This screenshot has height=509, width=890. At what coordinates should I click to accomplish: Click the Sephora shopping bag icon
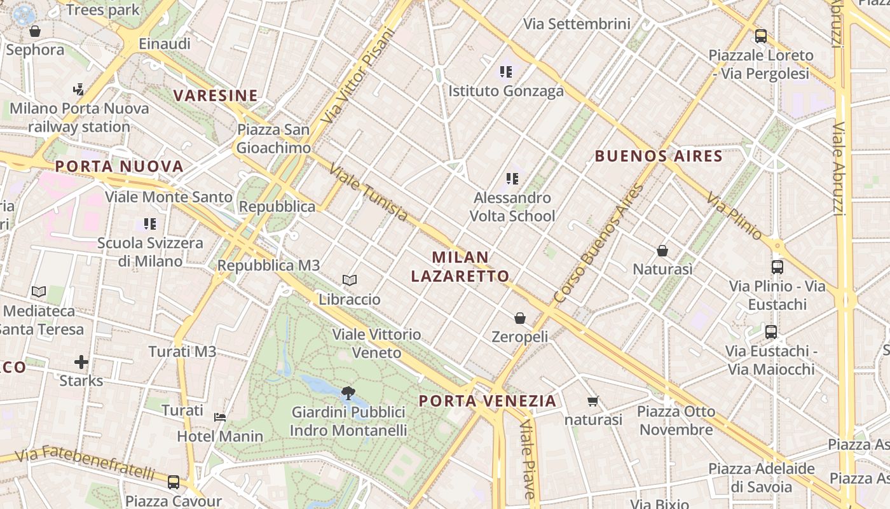35,31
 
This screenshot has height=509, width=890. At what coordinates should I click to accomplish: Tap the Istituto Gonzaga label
506,91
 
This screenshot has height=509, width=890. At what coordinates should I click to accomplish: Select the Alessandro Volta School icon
512,179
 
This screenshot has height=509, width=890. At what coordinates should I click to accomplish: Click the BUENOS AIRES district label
659,156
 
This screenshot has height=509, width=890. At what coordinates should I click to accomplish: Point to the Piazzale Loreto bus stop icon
761,36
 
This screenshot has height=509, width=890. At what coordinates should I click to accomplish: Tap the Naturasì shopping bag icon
662,251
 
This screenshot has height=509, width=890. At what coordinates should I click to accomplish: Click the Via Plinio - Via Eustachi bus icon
777,267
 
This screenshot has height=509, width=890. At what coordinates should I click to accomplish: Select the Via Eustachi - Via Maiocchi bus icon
771,332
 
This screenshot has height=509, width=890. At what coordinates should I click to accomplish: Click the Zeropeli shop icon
520,318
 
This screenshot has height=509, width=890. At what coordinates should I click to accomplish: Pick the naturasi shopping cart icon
593,401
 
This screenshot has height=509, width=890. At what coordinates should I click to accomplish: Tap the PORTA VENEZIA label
488,401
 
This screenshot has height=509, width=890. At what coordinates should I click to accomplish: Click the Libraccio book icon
350,280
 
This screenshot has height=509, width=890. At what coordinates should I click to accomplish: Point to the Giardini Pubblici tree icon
348,393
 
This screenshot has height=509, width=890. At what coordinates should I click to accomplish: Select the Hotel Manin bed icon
220,417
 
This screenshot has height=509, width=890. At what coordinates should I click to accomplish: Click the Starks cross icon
81,363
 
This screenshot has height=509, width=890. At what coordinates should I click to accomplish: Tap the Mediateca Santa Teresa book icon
39,292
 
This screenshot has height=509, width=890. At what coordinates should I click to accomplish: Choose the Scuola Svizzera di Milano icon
150,224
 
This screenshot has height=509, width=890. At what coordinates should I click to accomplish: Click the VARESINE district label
216,96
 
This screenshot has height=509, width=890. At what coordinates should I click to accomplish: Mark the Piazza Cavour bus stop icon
174,482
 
